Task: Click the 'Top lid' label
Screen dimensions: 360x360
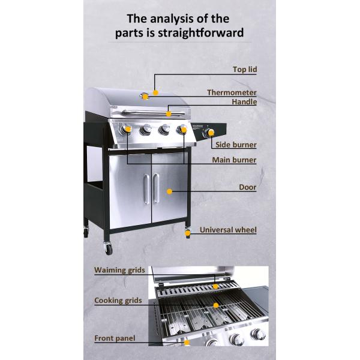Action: tap(245, 70)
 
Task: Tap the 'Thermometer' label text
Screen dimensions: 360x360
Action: tap(232, 92)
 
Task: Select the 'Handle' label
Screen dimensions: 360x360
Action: tap(244, 102)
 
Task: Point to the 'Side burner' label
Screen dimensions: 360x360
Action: tap(236, 145)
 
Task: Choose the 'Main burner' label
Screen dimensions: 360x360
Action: tap(234, 160)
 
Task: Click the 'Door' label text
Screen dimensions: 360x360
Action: tap(247, 187)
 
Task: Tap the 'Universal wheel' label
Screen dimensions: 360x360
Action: tap(228, 230)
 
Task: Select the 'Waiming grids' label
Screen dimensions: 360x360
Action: tap(119, 270)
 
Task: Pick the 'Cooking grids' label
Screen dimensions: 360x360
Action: tap(118, 301)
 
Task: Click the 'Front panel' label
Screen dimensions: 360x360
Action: tap(115, 338)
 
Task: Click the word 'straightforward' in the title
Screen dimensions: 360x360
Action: tap(200, 32)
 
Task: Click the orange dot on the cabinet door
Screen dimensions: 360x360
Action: tap(169, 191)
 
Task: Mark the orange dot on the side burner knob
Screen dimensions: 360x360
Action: tap(211, 132)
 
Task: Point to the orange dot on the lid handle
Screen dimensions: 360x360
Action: tap(169, 114)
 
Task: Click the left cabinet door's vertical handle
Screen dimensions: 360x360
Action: tap(146, 189)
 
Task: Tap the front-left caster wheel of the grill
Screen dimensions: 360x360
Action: tap(109, 248)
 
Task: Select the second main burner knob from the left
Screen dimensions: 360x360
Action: tap(145, 130)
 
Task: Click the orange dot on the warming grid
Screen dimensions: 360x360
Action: tap(215, 286)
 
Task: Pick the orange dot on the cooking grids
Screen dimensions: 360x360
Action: tap(216, 305)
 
